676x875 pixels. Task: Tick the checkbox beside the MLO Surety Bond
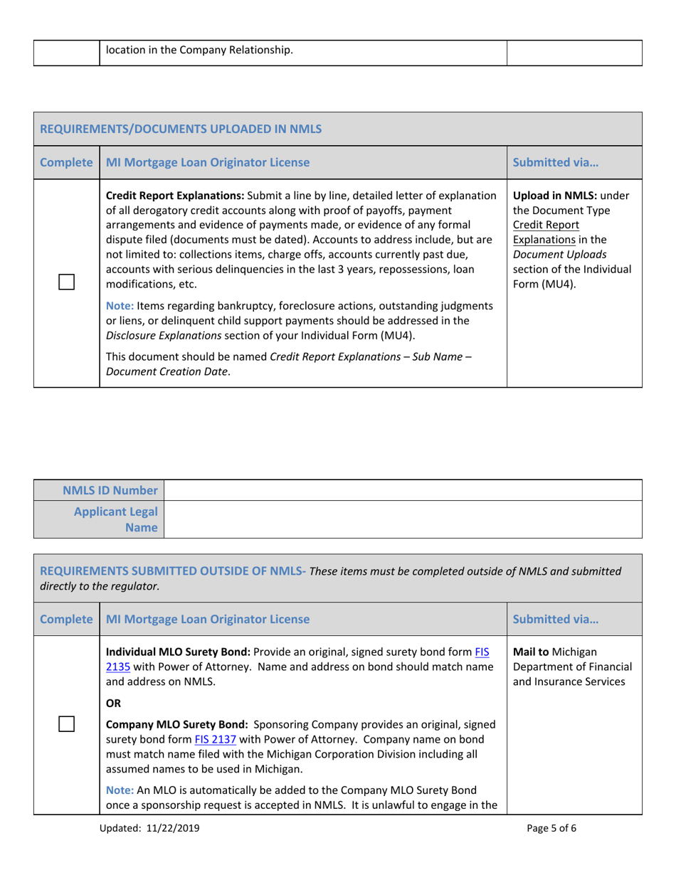click(66, 724)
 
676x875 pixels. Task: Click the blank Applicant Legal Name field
click(403, 520)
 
